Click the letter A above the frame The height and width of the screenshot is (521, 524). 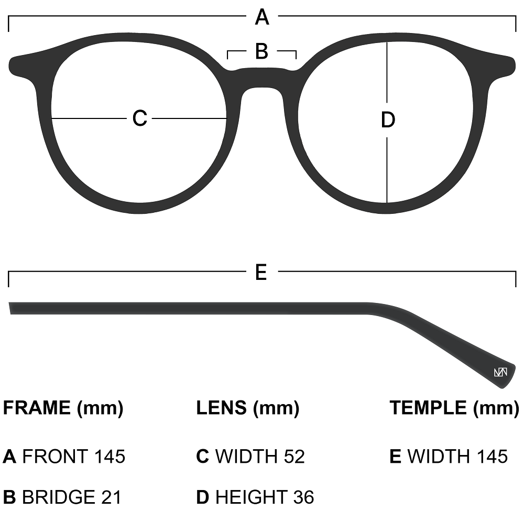262,18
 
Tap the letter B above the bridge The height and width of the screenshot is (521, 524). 261,51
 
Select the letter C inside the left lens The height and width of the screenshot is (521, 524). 139,118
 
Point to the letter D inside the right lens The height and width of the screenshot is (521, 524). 387,121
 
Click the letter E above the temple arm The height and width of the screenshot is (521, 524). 261,273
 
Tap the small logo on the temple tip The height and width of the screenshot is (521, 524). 500,373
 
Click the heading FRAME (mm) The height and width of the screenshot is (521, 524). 63,407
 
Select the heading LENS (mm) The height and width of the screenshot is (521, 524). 247,407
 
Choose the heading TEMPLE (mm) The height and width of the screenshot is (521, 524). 454,407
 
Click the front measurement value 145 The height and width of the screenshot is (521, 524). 110,457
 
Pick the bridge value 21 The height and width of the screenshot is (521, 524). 111,497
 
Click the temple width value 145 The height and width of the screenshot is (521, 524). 492,457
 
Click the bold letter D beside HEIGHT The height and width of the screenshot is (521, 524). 203,497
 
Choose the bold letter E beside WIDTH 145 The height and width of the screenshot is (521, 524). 396,457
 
